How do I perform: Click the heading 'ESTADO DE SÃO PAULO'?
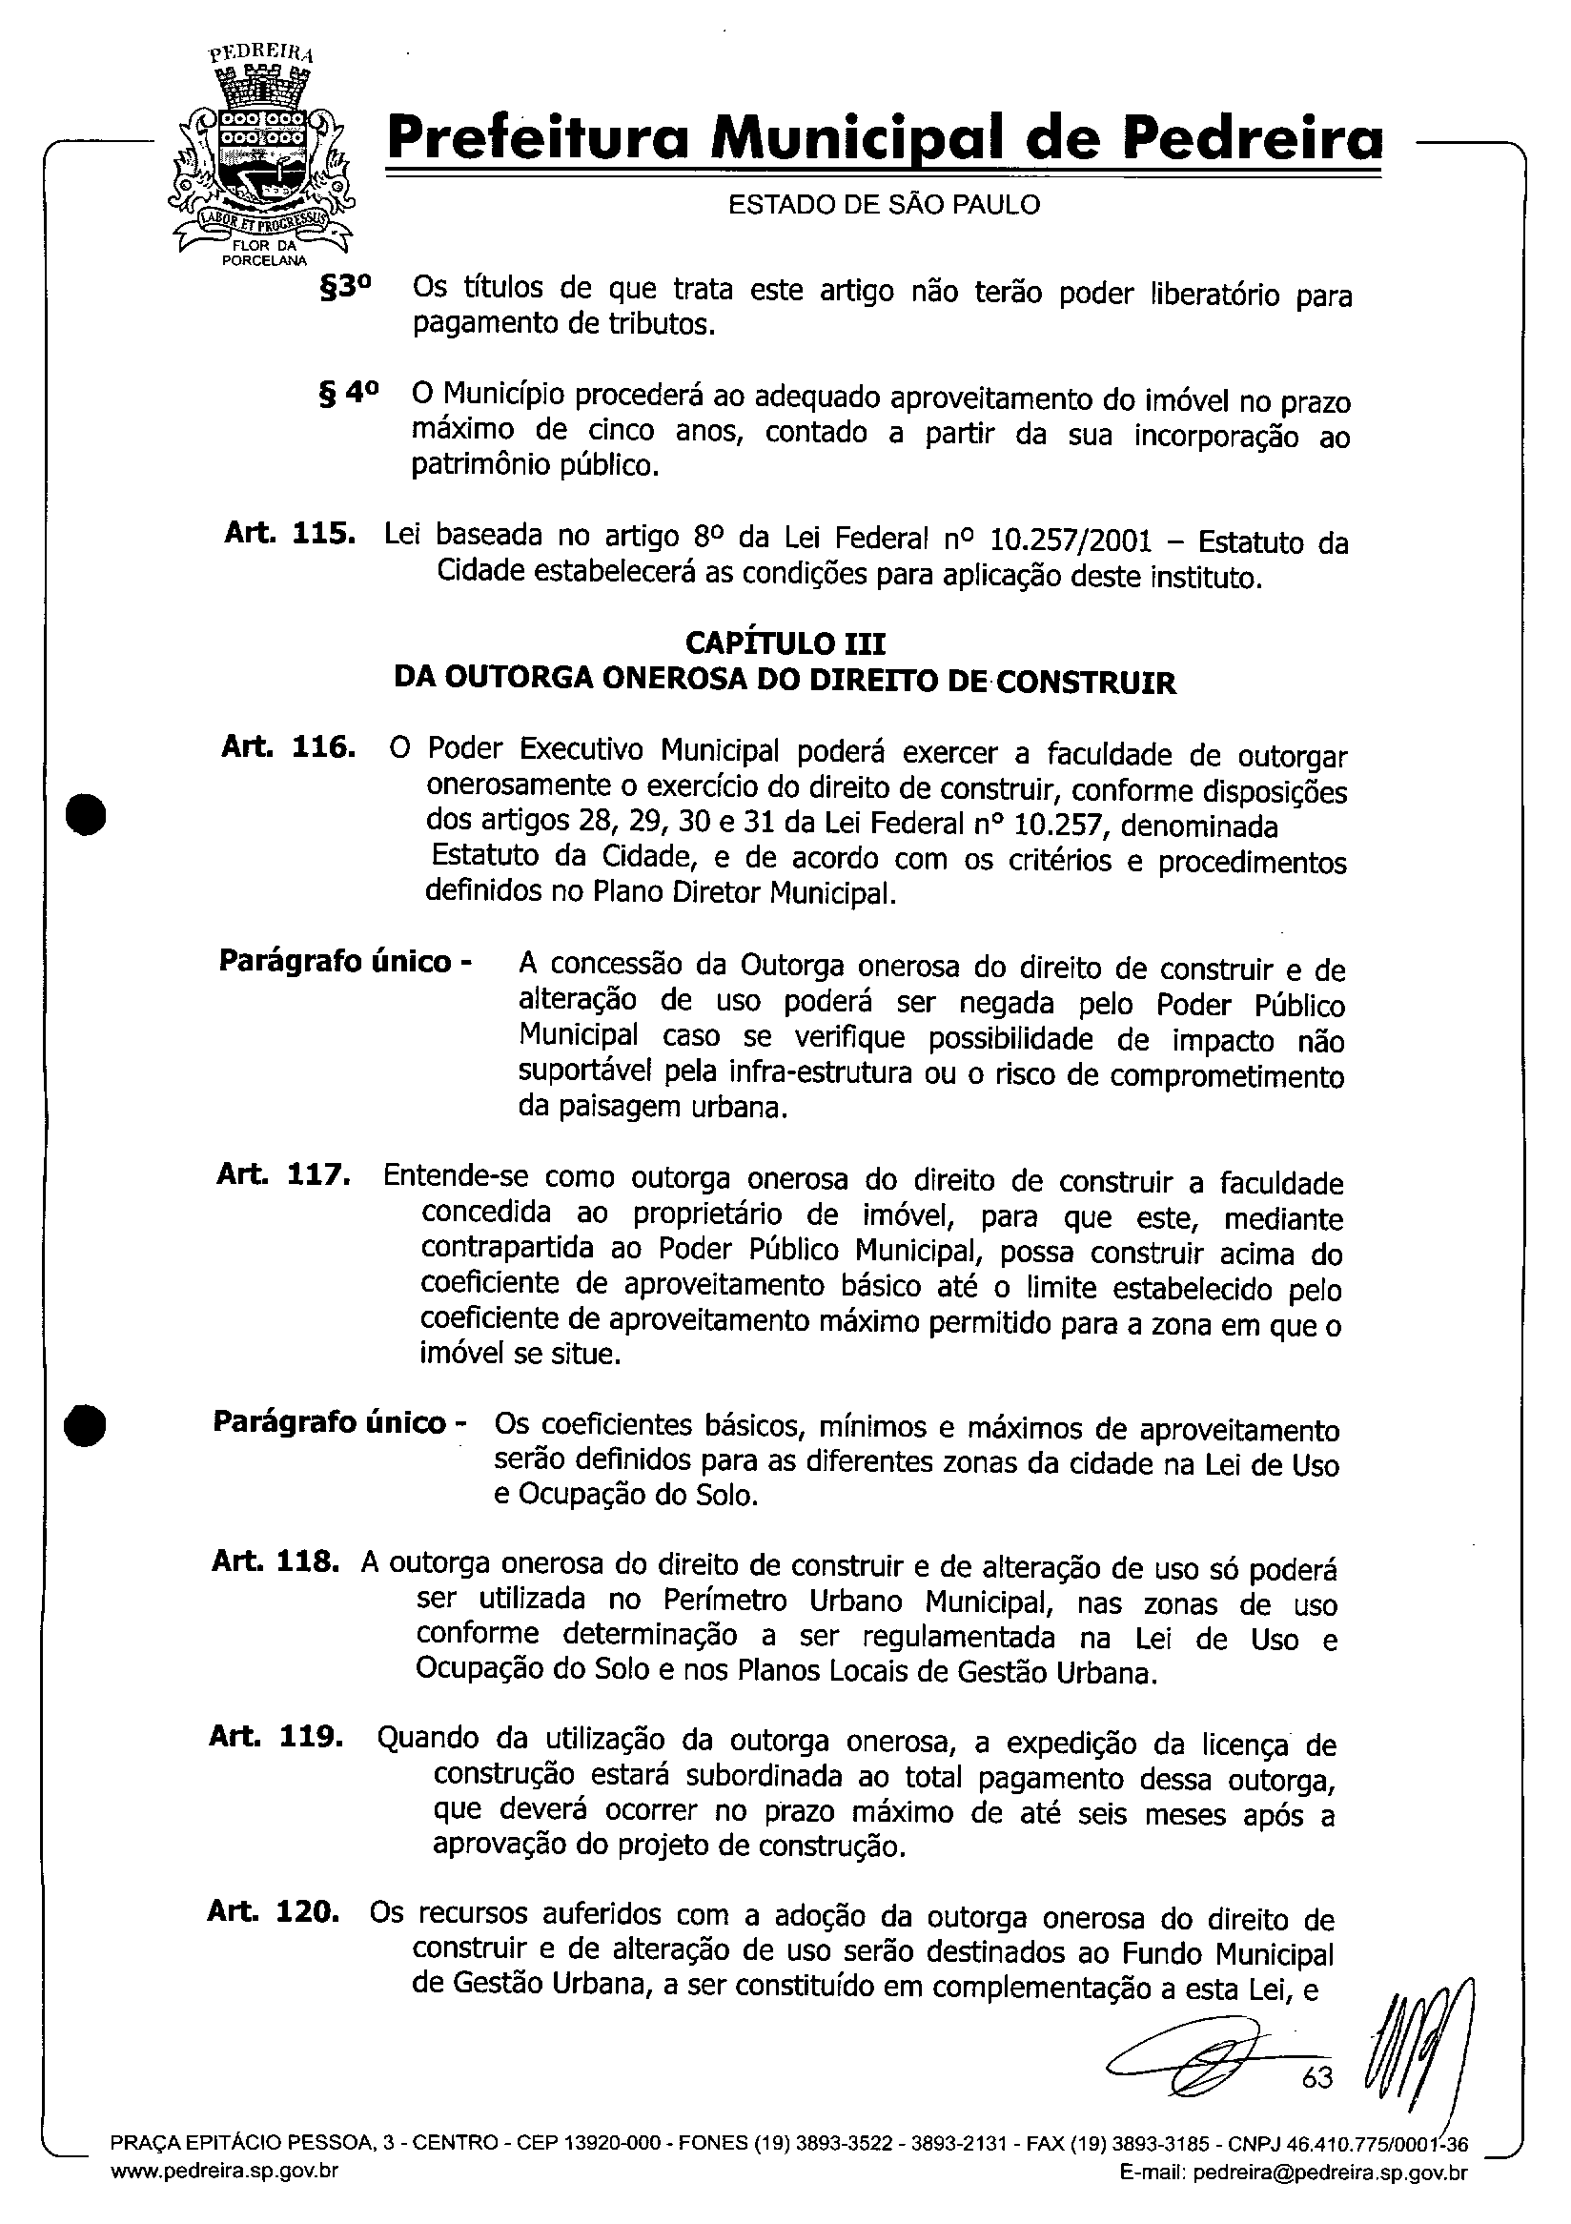click(884, 204)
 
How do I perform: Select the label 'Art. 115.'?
click(289, 534)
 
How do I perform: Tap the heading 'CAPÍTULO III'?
click(785, 643)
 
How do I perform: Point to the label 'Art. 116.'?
click(288, 746)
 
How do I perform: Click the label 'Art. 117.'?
click(283, 1175)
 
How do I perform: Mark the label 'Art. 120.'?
click(274, 1912)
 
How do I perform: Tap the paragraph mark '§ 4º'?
click(348, 394)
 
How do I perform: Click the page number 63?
click(1316, 2077)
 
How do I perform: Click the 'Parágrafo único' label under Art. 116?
click(345, 962)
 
